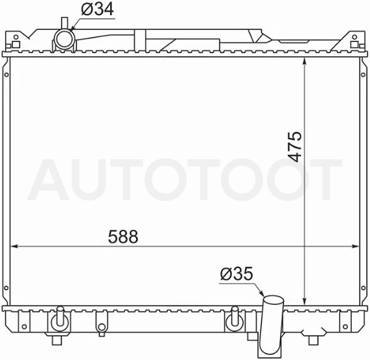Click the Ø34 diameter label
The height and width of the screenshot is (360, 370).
pyautogui.click(x=97, y=9)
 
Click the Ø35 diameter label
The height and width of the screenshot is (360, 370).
pyautogui.click(x=237, y=274)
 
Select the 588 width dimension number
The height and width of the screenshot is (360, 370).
pyautogui.click(x=123, y=236)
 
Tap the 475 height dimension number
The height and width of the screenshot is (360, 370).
pyautogui.click(x=295, y=146)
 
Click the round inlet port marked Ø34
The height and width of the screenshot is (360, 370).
pyautogui.click(x=64, y=39)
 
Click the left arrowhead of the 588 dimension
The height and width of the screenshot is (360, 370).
pyautogui.click(x=14, y=246)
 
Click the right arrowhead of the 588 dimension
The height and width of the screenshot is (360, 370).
pyautogui.click(x=355, y=246)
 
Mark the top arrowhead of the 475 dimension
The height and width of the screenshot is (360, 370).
pyautogui.click(x=305, y=61)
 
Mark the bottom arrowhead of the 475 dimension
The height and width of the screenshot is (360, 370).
pyautogui.click(x=305, y=302)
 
